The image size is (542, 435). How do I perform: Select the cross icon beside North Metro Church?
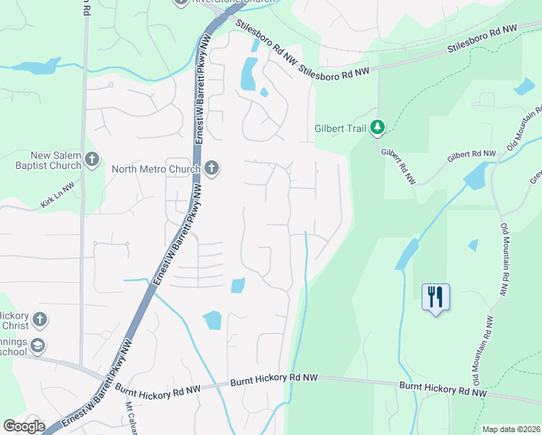click(212, 169)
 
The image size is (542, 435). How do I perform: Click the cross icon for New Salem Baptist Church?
click(91, 159)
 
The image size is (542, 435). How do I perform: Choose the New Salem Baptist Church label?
click(56, 160)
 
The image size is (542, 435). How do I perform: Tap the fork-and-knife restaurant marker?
click(435, 297)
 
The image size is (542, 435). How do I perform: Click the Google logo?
click(24, 426)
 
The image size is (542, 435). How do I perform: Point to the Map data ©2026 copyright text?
click(510, 429)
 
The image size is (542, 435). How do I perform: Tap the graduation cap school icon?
click(38, 346)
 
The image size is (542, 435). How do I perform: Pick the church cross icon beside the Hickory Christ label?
click(39, 319)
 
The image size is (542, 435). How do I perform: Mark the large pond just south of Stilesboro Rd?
click(248, 73)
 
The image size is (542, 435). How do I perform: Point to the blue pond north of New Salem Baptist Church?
click(35, 67)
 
